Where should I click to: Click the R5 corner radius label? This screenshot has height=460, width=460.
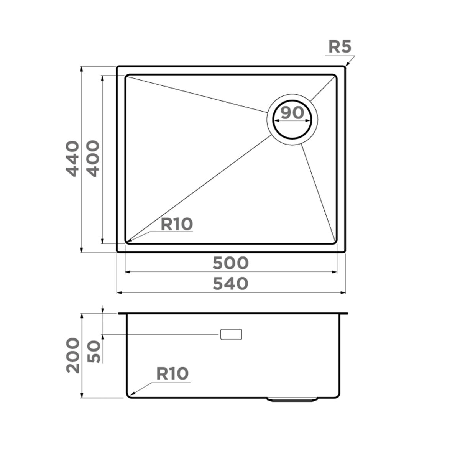click(339, 47)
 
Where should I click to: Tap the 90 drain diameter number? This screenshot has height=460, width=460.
click(292, 113)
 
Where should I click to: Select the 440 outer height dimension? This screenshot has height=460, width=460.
click(72, 159)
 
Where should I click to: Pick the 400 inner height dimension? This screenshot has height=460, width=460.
click(92, 159)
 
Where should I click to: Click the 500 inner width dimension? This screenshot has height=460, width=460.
click(231, 263)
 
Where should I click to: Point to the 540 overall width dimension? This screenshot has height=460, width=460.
click(231, 284)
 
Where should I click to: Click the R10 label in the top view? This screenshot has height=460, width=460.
click(176, 225)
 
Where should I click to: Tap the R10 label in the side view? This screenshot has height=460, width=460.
click(172, 373)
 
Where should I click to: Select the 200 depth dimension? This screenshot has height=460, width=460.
click(73, 355)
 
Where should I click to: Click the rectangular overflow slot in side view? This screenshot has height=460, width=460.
click(231, 334)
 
